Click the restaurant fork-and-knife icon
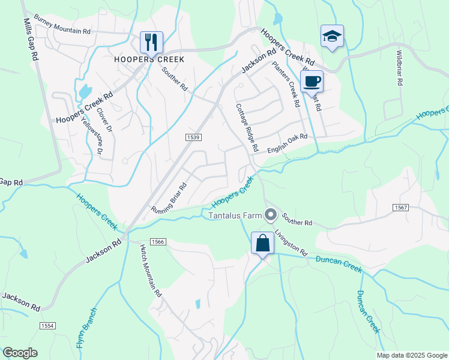coord(151,42)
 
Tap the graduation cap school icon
coord(332,35)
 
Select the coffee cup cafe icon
coord(312,80)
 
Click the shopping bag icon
coord(262,244)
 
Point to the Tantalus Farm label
coord(236,215)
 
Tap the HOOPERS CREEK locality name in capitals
coord(149,59)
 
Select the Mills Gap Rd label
coord(32,38)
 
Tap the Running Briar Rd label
coord(169,199)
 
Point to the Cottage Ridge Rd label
coord(247,127)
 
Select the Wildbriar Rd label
coord(399,68)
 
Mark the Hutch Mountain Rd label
coord(151,271)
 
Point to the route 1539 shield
coord(193,137)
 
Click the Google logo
coord(20,353)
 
